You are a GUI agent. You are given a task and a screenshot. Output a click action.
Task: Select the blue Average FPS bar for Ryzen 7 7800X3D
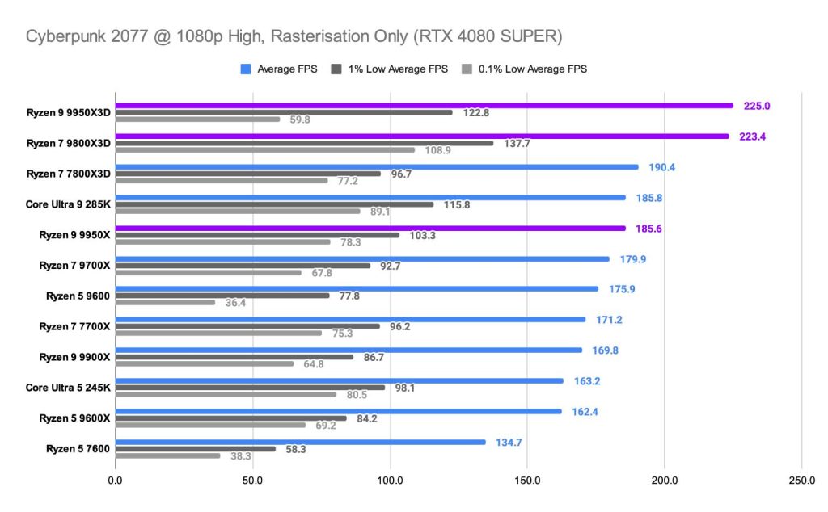tap(377, 167)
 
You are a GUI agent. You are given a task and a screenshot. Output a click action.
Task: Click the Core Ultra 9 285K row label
tap(68, 204)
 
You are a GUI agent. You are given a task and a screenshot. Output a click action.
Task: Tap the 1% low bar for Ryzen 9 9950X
tap(257, 235)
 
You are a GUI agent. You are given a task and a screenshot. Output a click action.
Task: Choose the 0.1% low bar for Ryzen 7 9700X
tap(208, 272)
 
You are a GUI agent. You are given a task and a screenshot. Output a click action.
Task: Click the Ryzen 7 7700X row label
tap(74, 327)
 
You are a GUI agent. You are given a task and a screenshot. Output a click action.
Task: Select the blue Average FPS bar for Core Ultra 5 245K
tap(339, 380)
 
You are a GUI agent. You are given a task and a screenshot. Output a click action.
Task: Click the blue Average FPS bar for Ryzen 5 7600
tap(300, 442)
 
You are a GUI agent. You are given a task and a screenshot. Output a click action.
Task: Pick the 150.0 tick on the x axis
tap(527, 482)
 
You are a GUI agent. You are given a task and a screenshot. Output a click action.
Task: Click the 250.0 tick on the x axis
tap(801, 482)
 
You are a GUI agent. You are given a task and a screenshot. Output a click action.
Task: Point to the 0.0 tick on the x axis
tap(116, 482)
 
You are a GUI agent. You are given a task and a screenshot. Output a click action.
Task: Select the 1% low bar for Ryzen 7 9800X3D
tap(304, 143)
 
